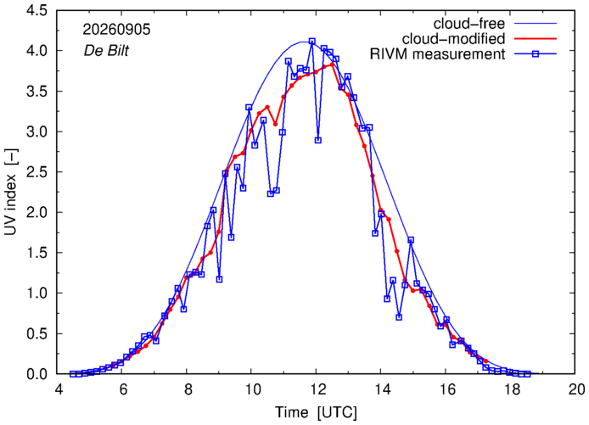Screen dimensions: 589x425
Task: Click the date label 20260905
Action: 116,30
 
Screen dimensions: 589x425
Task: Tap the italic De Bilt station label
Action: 106,50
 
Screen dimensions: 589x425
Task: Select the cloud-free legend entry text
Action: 469,24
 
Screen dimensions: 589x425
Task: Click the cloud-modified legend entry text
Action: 453,39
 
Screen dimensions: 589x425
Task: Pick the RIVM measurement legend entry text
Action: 438,54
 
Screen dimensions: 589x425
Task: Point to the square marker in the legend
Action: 536,54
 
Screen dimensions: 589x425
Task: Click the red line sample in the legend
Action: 536,39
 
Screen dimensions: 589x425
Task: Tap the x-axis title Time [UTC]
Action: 316,412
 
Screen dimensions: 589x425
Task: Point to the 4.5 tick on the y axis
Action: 36,10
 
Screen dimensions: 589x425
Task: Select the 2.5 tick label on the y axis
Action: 36,172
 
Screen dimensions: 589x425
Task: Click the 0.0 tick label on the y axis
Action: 36,374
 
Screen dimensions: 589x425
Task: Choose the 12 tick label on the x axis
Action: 316,389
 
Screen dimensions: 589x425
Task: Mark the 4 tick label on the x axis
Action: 59,389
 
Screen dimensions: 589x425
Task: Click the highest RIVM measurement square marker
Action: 312,41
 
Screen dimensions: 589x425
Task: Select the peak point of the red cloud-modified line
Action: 332,64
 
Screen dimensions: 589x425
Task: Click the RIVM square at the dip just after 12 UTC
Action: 318,140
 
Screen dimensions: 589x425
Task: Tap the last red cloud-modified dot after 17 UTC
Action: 485,361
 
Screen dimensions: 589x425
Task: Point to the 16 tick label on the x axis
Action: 446,389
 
